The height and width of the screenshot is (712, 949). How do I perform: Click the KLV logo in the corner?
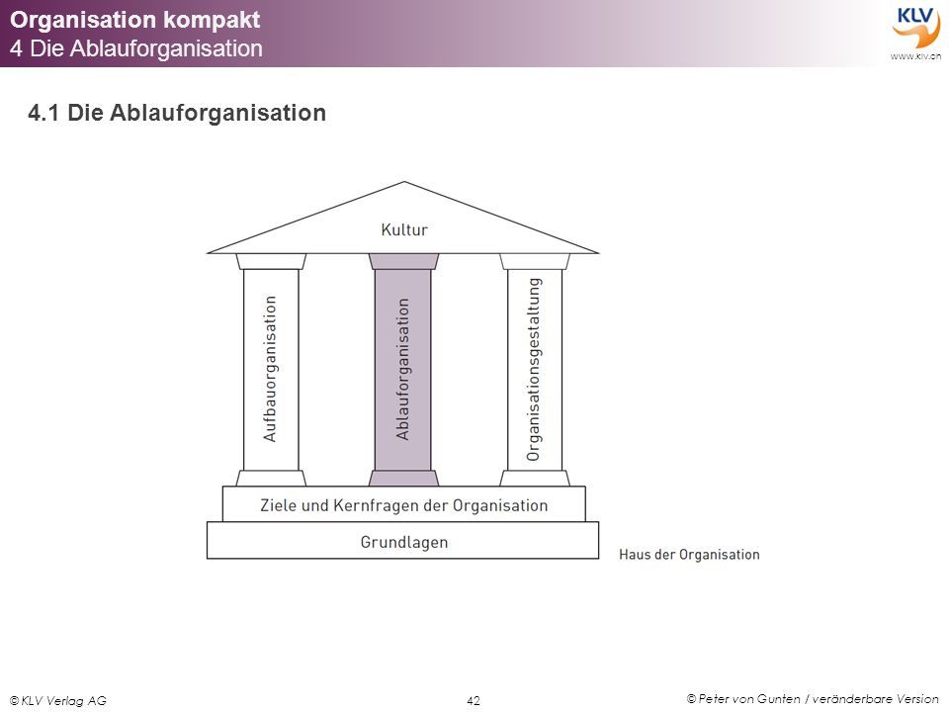pos(915,27)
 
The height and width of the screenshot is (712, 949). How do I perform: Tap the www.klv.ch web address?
pos(915,56)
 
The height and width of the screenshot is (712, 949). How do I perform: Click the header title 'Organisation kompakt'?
pos(135,20)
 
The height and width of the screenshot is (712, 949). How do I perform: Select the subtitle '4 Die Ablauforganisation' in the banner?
pos(136,48)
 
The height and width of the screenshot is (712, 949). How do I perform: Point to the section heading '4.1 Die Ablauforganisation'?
pos(177,113)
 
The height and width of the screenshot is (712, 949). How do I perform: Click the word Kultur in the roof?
pos(404,229)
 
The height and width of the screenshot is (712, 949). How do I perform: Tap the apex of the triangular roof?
pos(403,182)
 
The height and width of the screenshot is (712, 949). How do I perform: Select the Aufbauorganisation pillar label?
pos(270,369)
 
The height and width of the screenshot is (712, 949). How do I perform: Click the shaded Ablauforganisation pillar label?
pos(402,369)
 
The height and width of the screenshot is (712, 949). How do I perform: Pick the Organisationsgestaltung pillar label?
pos(533,369)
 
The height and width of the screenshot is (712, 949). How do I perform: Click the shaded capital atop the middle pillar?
pos(403,261)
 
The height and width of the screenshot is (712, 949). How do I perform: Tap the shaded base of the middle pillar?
pos(403,478)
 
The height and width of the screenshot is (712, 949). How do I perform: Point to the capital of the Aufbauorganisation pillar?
pos(271,261)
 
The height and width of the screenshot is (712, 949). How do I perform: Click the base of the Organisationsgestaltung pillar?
pos(535,478)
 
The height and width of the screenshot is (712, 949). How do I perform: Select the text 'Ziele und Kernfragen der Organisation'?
pos(403,505)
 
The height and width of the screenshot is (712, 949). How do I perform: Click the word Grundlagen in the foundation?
pos(404,543)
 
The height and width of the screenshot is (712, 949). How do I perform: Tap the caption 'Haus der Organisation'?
pos(689,555)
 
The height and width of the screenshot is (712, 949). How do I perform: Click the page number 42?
pos(474,700)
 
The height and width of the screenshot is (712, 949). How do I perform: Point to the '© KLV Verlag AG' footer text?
pos(58,700)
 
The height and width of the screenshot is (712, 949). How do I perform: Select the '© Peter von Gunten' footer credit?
pos(743,699)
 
